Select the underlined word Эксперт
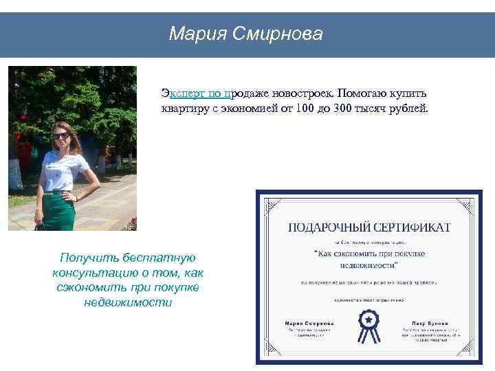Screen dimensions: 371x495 tap(184, 92)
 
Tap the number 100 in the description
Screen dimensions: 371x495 tap(302, 109)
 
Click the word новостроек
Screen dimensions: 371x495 tap(302, 92)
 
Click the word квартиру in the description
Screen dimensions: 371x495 tap(184, 109)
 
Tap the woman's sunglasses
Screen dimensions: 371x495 tap(60, 135)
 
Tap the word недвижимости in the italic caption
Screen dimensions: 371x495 tap(127, 302)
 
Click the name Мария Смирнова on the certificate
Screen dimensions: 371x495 tap(309, 322)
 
